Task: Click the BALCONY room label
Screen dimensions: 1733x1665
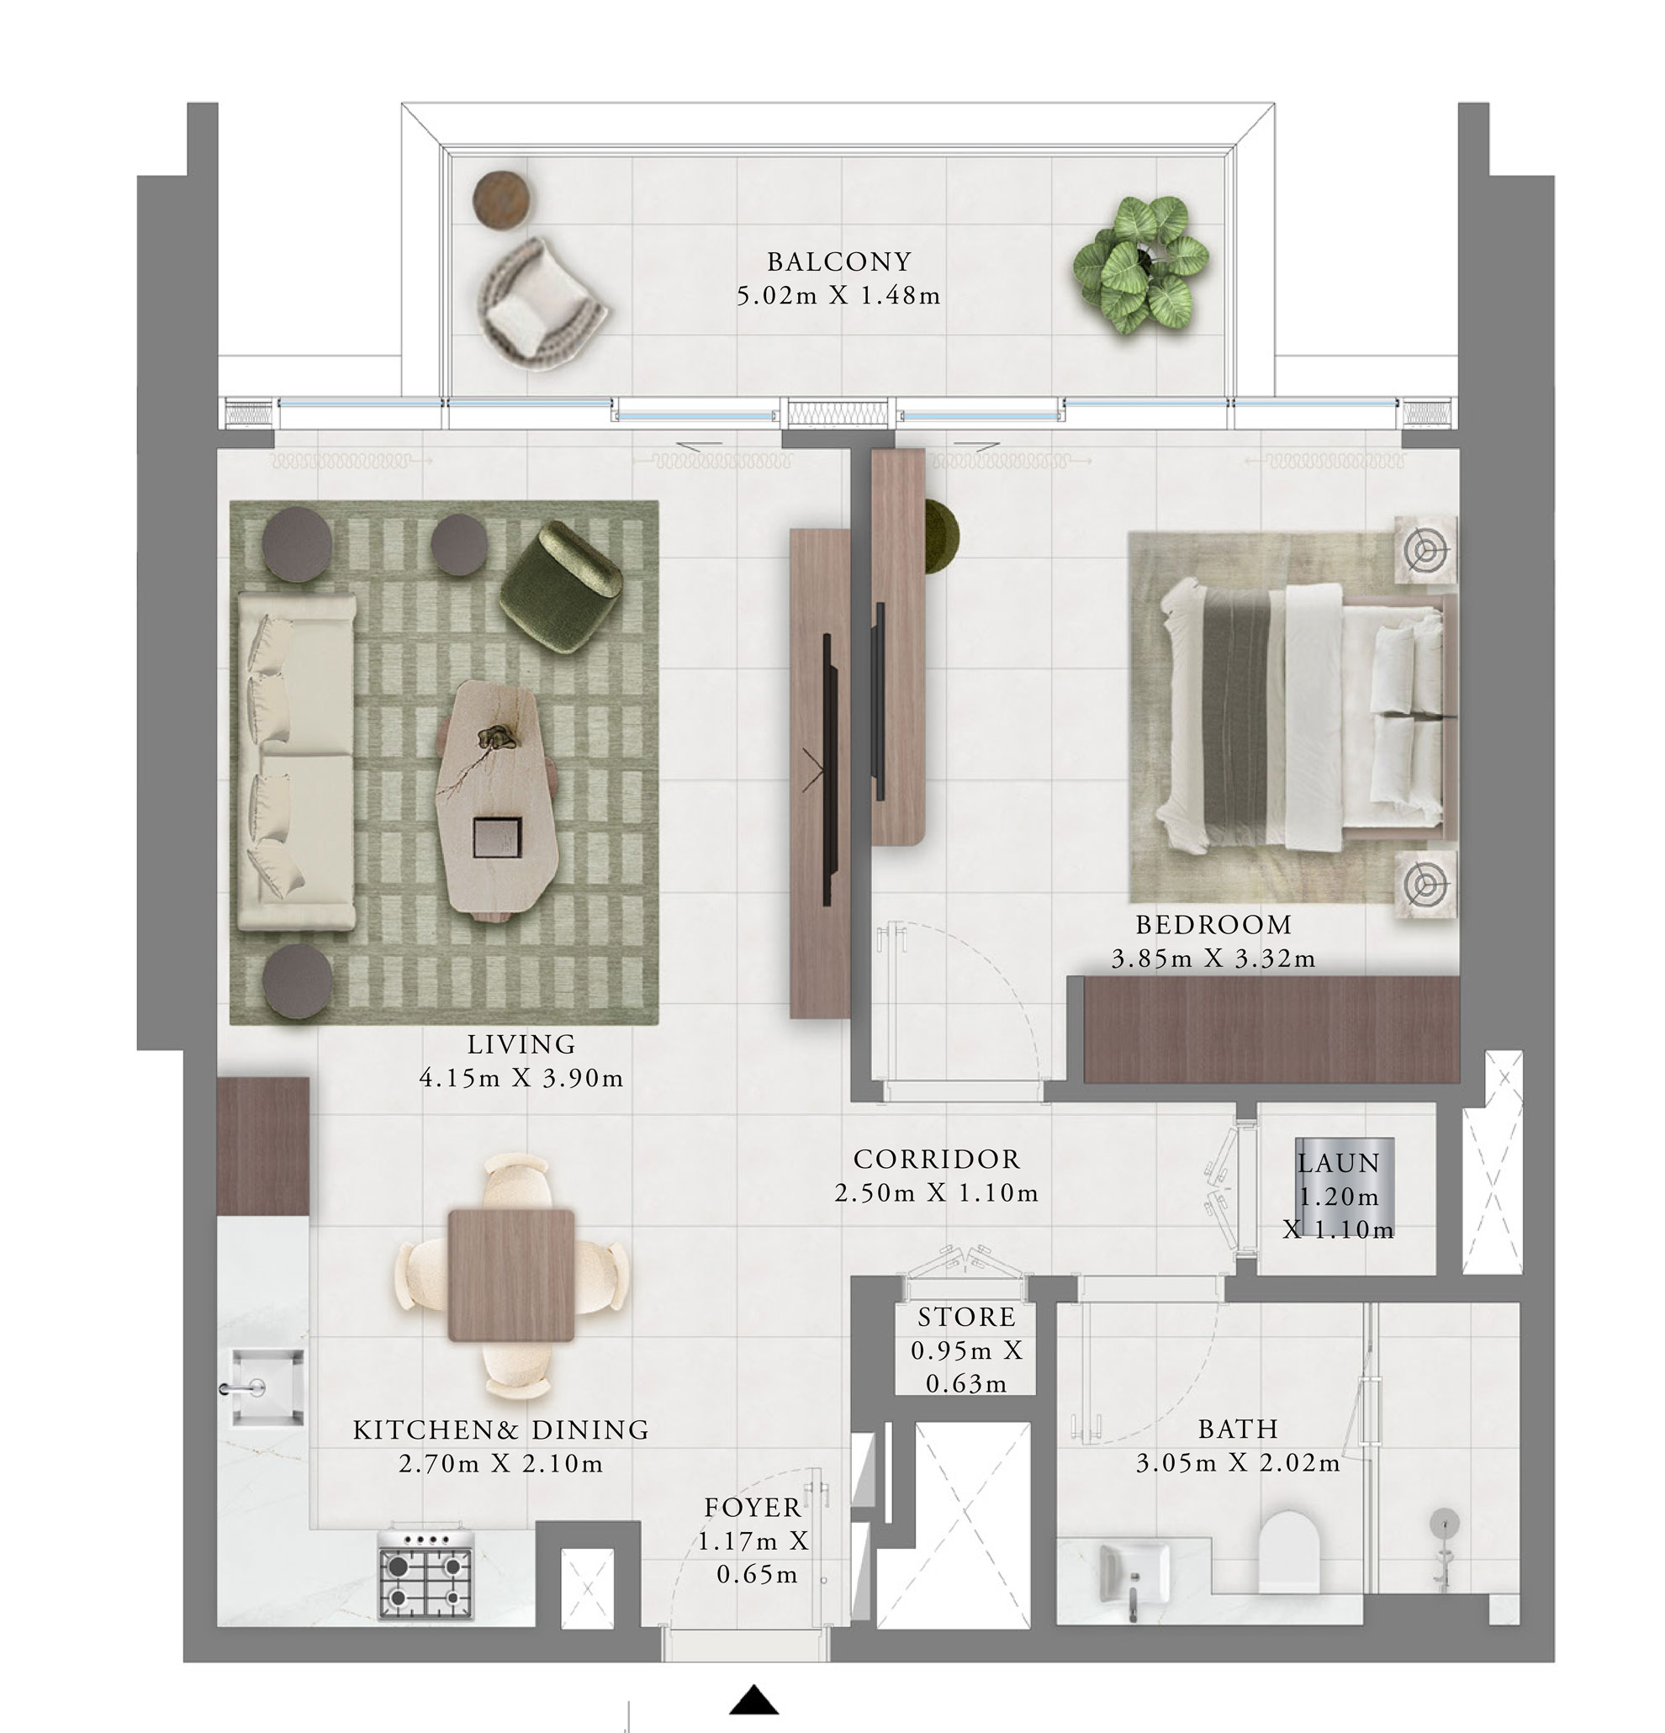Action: pyautogui.click(x=838, y=262)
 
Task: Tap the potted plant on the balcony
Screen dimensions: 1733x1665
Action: pyautogui.click(x=1140, y=263)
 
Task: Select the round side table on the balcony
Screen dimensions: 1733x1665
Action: pyautogui.click(x=503, y=200)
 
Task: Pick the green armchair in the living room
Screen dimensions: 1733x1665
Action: pyautogui.click(x=561, y=586)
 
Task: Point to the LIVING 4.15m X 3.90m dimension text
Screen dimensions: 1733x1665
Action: pyautogui.click(x=521, y=1078)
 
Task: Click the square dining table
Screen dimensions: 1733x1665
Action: pyautogui.click(x=511, y=1275)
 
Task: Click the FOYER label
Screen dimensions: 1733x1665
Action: pyautogui.click(x=753, y=1508)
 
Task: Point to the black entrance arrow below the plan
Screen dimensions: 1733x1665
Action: pyautogui.click(x=753, y=1700)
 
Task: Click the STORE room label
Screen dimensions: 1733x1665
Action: pyautogui.click(x=965, y=1318)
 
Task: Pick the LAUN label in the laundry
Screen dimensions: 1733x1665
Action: pyautogui.click(x=1338, y=1164)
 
